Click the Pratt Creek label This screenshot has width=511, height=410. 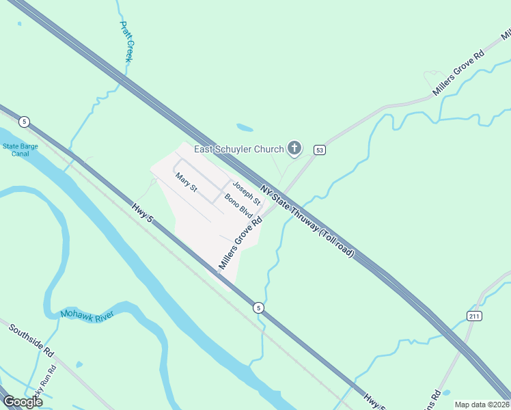pos(126,42)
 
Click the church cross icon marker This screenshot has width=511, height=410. pos(294,147)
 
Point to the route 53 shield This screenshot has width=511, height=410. pos(319,150)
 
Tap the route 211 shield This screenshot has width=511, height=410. pos(475,315)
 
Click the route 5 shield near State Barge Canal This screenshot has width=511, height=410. pos(25,122)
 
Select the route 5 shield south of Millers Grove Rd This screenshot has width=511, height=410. pos(258,307)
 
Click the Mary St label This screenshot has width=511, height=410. pos(186,182)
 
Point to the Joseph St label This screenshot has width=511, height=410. pos(247,193)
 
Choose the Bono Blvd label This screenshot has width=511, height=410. pos(238,206)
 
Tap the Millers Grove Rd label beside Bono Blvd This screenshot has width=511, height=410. pos(240,243)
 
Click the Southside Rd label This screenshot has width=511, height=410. pos(31,340)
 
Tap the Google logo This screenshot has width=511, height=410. pos(23,401)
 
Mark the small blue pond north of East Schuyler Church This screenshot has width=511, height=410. pos(245,127)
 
